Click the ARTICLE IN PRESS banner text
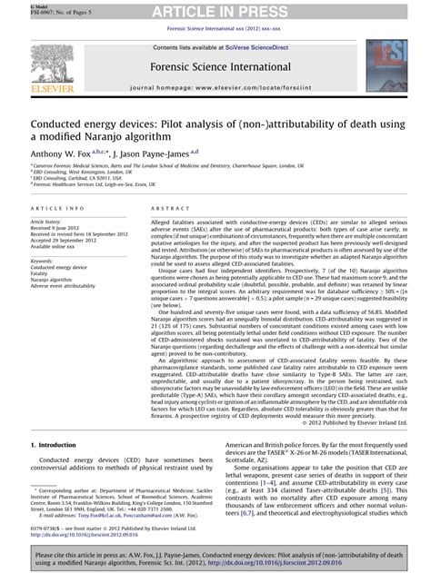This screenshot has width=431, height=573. [215, 11]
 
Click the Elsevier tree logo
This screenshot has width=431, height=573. [42, 64]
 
